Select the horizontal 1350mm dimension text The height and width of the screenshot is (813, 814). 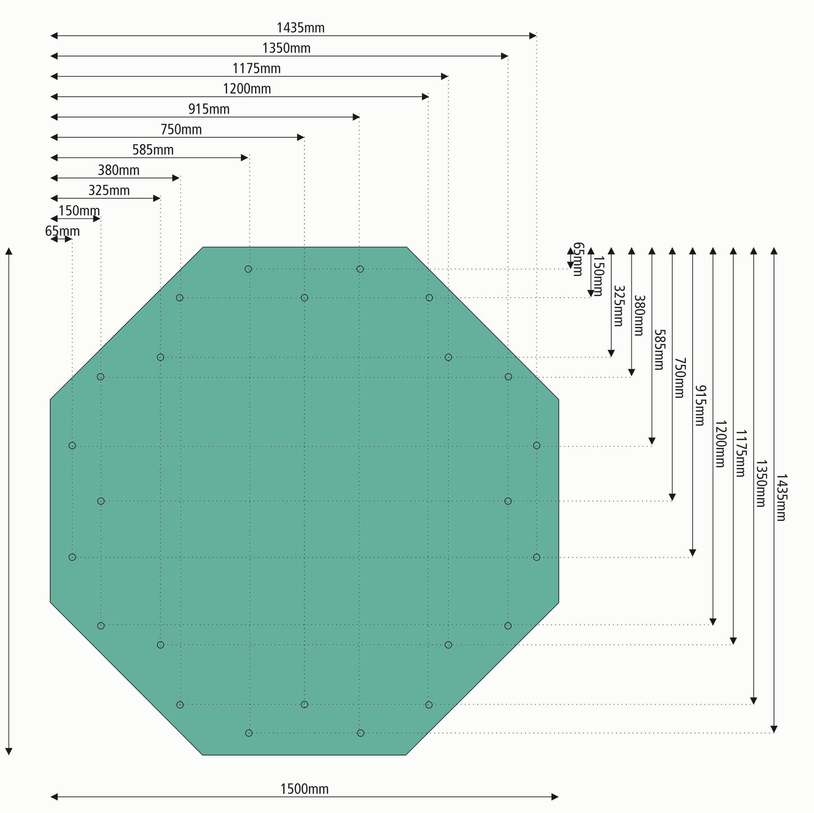[286, 48]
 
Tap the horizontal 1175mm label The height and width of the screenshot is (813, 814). [256, 69]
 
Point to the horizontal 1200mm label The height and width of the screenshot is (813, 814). [247, 89]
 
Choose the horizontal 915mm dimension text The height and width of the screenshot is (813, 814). [209, 109]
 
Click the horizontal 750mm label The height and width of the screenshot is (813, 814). [181, 129]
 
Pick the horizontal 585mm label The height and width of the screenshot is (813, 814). [153, 150]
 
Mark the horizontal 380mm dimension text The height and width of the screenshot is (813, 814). [118, 170]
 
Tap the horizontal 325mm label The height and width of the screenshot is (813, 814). [109, 190]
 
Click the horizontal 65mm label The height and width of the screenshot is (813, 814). [62, 231]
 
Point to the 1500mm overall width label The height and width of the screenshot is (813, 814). [304, 789]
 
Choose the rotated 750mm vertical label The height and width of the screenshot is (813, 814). [679, 378]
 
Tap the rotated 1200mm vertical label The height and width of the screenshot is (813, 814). [720, 444]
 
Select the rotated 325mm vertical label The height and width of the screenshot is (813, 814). [618, 306]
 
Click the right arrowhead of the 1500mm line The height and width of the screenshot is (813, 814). [555, 797]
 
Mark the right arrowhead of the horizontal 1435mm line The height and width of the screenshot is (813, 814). [533, 36]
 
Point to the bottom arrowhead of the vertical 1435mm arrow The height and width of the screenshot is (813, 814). [774, 730]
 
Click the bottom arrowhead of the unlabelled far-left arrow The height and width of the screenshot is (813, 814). [8, 751]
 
